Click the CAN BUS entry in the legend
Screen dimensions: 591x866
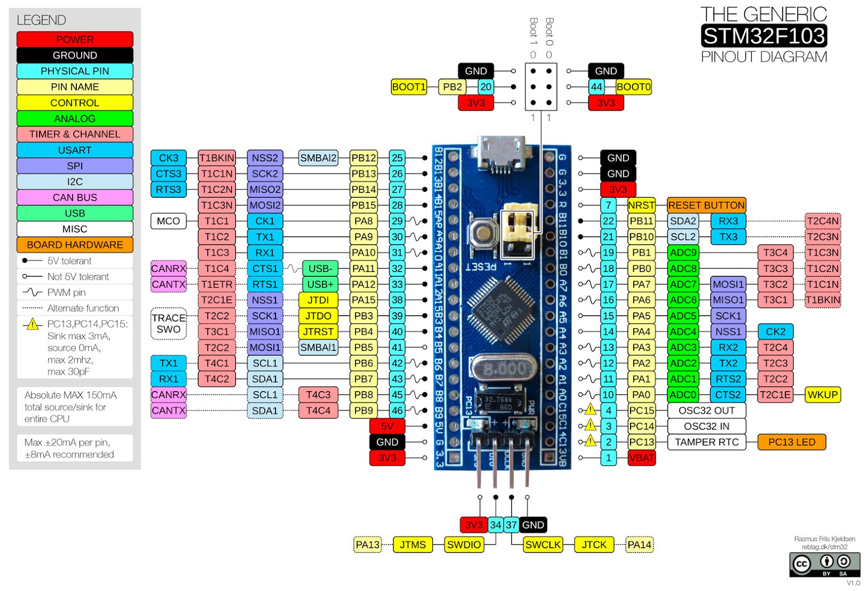[x=75, y=197]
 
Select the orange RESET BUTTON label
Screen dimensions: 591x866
[x=706, y=205]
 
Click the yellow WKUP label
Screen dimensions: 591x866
[x=822, y=395]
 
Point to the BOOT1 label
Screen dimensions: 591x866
[x=409, y=87]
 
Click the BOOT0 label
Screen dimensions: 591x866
[x=633, y=87]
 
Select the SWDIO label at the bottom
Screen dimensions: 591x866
[x=463, y=544]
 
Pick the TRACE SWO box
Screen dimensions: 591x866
[x=168, y=323]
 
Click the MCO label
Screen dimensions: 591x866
[x=168, y=221]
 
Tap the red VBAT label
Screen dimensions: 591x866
[x=641, y=458]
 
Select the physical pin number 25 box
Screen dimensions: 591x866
[x=397, y=158]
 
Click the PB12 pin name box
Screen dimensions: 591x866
[x=363, y=158]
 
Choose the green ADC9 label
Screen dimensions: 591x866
[x=683, y=252]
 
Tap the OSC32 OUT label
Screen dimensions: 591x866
[x=706, y=411]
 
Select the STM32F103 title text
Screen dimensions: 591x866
[x=763, y=36]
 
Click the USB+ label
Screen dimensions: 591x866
[x=320, y=284]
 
